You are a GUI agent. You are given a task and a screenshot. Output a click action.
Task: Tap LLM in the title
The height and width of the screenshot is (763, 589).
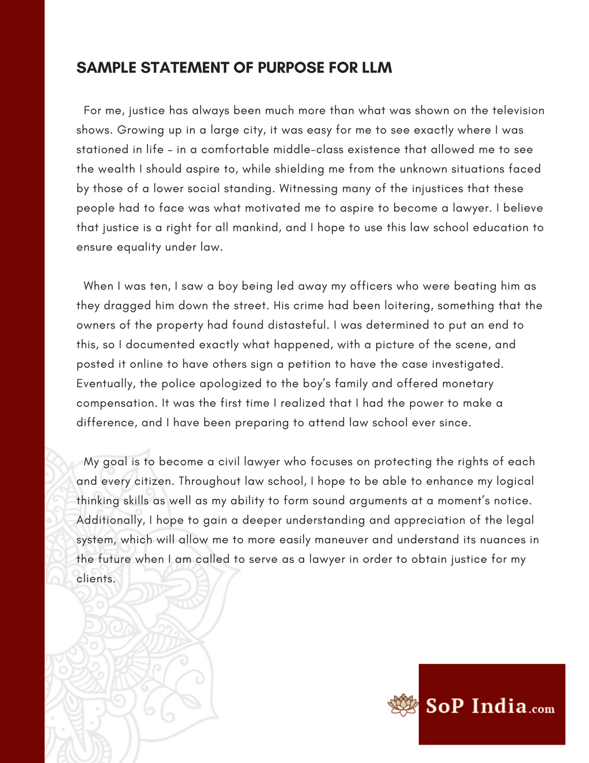point(377,68)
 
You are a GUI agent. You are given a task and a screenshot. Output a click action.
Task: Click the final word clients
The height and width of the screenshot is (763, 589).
point(95,579)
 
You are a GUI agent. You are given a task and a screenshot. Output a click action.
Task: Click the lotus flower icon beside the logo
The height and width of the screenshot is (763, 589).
point(403,705)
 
